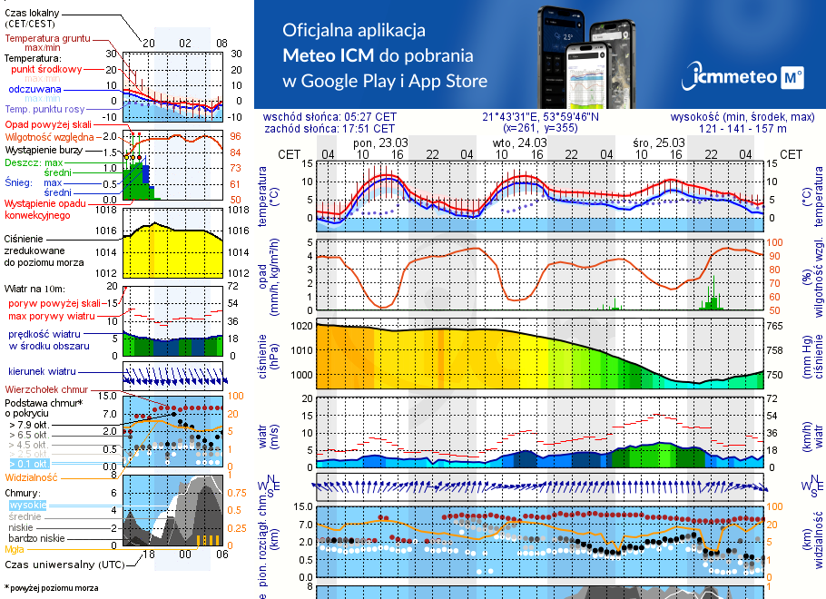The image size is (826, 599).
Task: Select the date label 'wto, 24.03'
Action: coord(518,143)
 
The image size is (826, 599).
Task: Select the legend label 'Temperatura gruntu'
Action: coord(48,39)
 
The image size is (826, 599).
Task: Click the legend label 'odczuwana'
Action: coord(34,89)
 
